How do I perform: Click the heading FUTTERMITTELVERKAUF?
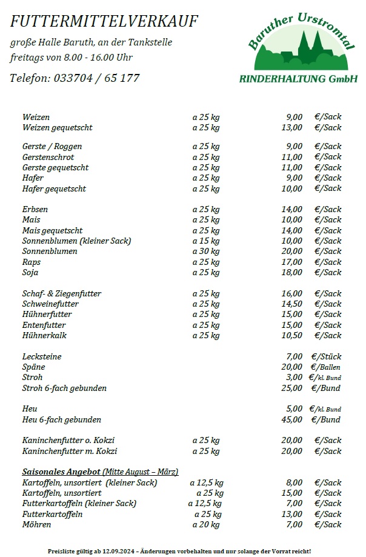click(x=104, y=22)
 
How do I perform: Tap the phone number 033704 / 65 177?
click(x=97, y=78)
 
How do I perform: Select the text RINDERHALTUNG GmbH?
click(x=299, y=79)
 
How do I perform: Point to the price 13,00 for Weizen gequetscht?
click(x=291, y=128)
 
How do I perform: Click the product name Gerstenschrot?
click(x=48, y=157)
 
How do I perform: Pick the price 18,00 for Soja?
click(x=291, y=273)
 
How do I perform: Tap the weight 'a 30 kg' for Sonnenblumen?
click(x=206, y=252)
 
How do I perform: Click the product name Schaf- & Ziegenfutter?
click(x=62, y=294)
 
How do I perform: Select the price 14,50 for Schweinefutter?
click(x=291, y=304)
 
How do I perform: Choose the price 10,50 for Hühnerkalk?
click(x=291, y=336)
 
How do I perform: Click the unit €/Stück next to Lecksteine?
click(x=326, y=357)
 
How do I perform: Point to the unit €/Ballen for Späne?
click(x=325, y=367)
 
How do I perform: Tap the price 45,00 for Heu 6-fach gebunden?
click(x=291, y=419)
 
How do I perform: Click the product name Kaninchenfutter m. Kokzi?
click(x=70, y=452)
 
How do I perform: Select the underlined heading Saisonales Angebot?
click(x=61, y=472)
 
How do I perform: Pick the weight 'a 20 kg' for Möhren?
click(x=207, y=525)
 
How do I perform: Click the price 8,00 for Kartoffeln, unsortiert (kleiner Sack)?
click(x=294, y=483)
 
